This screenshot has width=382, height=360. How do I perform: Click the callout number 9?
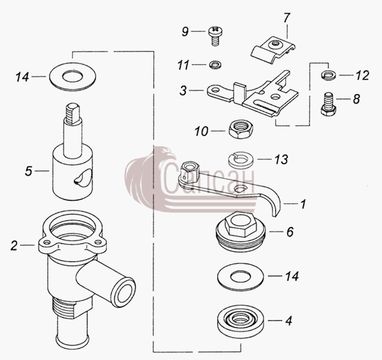click(185, 31)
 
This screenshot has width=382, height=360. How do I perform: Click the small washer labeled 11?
click(215, 65)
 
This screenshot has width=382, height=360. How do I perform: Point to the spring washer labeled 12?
click(329, 74)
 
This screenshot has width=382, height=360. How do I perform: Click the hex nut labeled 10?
click(241, 128)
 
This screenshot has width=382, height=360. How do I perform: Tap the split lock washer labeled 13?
click(241, 160)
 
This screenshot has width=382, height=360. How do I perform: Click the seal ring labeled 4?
click(240, 321)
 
